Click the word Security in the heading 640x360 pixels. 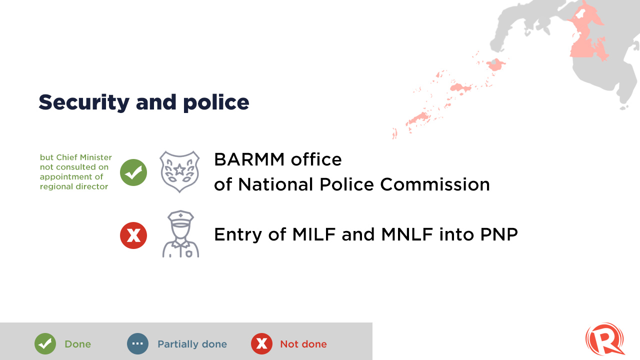click(84, 102)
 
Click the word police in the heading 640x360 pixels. click(216, 102)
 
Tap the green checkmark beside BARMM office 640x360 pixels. click(133, 172)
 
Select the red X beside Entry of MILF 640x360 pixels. click(133, 235)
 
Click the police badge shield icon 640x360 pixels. click(179, 171)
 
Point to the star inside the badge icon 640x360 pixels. click(179, 169)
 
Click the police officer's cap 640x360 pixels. click(180, 218)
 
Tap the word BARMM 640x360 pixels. click(249, 159)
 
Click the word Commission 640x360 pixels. click(435, 184)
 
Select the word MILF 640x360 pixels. click(313, 234)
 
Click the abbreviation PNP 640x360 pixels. click(499, 234)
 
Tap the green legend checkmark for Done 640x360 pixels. click(45, 343)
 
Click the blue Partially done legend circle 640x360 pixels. click(137, 343)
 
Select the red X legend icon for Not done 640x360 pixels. click(261, 343)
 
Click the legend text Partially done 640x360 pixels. click(192, 344)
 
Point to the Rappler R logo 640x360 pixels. click(605, 339)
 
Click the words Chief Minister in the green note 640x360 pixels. click(84, 157)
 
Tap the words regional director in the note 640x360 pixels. click(73, 187)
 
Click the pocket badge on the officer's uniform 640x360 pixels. click(189, 253)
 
